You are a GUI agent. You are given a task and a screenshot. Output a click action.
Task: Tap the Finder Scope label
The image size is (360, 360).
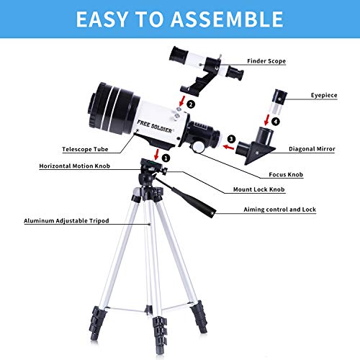(267, 61)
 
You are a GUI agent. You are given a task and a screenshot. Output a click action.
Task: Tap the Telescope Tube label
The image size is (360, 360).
(86, 148)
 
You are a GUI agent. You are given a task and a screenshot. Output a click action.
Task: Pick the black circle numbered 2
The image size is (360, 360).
(190, 104)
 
